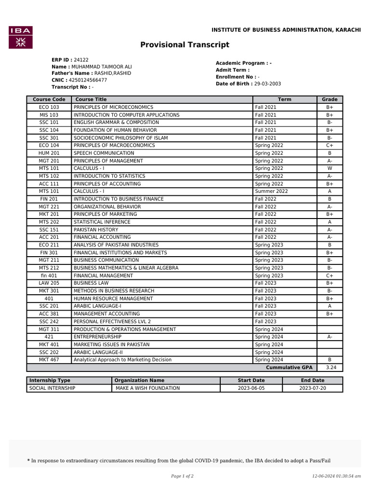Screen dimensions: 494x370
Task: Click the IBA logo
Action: pos(21,37)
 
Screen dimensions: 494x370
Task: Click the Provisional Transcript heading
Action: pos(185,45)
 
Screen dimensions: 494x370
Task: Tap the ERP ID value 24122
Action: pos(81,60)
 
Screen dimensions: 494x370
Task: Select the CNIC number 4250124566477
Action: pos(88,80)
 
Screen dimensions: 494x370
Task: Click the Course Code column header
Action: pos(49,99)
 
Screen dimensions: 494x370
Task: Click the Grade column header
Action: pos(330,99)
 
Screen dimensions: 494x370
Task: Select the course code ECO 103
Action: pos(49,107)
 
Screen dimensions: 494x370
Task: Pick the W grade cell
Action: pos(330,168)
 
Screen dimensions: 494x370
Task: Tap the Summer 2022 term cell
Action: pos(271,192)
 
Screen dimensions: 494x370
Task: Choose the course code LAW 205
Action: pos(49,283)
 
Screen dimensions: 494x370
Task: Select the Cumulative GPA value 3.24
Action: pos(330,368)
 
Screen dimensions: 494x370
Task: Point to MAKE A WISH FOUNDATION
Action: pos(147,388)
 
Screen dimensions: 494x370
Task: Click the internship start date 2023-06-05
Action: pos(251,388)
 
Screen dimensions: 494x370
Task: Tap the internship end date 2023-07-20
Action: pos(312,388)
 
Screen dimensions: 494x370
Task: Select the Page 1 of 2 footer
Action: pos(182,476)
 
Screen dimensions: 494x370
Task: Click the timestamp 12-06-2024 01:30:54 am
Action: pos(336,476)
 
